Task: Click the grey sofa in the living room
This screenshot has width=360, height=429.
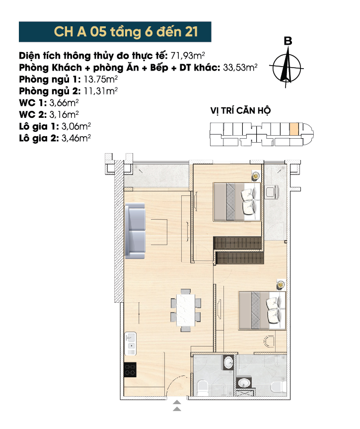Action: click(135, 231)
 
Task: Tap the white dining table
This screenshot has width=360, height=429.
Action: click(186, 310)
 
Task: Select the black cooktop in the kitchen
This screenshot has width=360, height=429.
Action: click(130, 370)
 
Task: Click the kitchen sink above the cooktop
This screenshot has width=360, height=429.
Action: click(131, 344)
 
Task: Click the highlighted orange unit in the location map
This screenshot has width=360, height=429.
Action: click(294, 129)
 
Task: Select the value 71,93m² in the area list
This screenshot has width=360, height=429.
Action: click(188, 56)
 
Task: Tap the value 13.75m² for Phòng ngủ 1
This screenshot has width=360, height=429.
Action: click(101, 80)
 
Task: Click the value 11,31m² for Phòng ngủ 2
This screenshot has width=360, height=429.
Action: click(101, 91)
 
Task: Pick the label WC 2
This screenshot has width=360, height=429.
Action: click(33, 114)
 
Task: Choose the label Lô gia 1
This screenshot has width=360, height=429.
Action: click(39, 126)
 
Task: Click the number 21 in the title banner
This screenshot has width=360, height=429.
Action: click(191, 32)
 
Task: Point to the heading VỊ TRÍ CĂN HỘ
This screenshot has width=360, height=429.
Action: click(240, 111)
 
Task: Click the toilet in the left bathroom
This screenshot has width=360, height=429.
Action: click(203, 388)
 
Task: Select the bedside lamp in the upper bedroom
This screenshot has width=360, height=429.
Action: click(256, 175)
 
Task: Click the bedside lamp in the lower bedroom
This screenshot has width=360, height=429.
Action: click(281, 284)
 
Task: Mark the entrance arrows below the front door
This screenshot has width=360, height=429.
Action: click(177, 406)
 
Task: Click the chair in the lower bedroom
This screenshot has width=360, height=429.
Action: click(269, 342)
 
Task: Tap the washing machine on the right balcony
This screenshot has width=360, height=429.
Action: click(272, 191)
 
